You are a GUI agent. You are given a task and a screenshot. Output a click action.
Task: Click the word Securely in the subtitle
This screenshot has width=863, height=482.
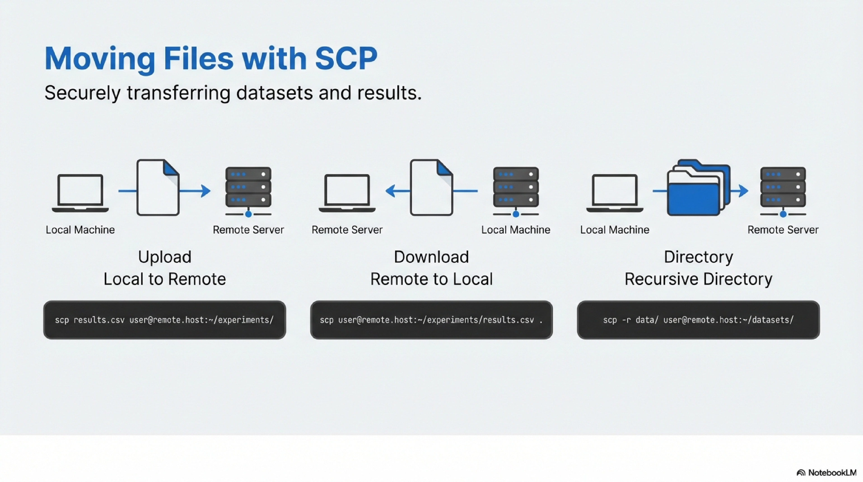pyautogui.click(x=82, y=93)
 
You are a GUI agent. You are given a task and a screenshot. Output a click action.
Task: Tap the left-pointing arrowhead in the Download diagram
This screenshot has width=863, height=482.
pyautogui.click(x=391, y=191)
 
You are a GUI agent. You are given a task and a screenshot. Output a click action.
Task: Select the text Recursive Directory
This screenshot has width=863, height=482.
pyautogui.click(x=698, y=279)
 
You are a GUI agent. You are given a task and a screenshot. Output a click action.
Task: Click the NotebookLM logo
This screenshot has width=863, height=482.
pyautogui.click(x=826, y=473)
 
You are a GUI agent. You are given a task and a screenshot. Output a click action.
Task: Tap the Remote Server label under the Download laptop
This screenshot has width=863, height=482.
pyautogui.click(x=347, y=230)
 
